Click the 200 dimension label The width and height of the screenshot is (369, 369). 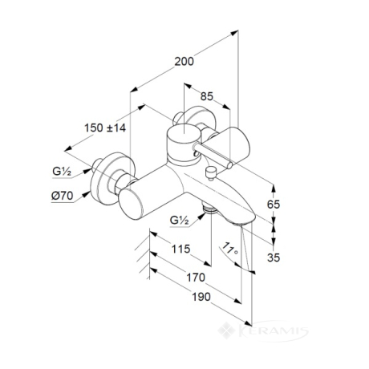coord(184,62)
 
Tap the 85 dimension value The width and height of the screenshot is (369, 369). coord(207,96)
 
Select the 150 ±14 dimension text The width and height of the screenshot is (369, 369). coord(105,128)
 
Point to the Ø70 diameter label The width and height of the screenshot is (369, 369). coord(62,196)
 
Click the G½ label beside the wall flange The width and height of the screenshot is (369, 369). coord(62,171)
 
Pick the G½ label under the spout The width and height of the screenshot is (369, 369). coord(180,221)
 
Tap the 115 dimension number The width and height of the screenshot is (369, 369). coord(180,249)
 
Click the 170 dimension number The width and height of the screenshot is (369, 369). coord(196,278)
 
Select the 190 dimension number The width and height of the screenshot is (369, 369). coord(201,297)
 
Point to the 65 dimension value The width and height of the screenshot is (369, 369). coord(274,205)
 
